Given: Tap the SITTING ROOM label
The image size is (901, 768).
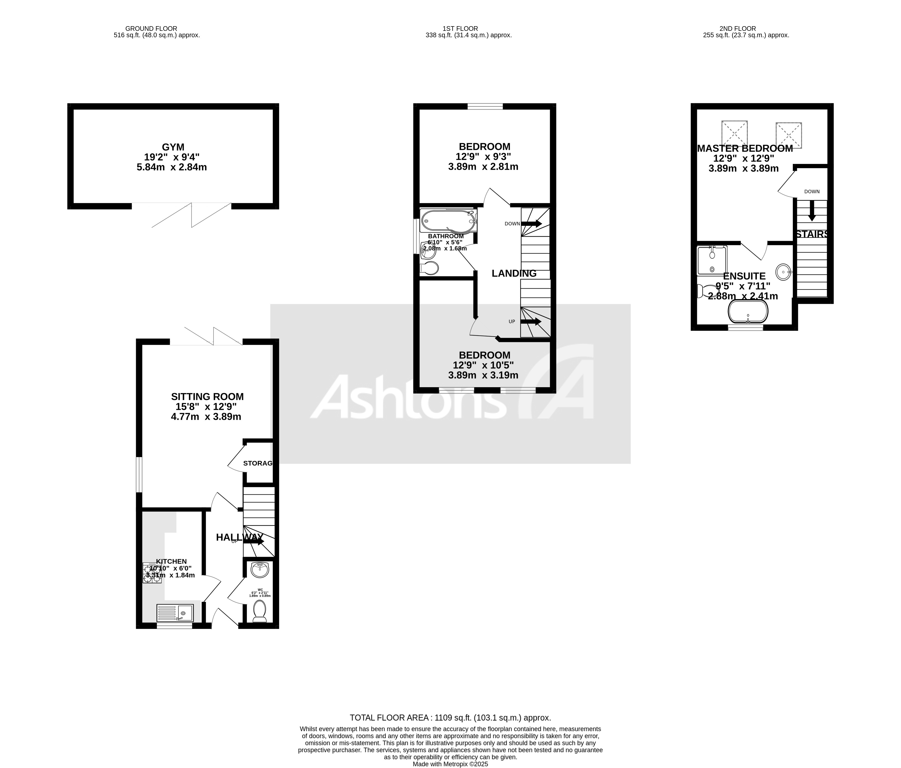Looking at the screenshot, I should click(x=207, y=397).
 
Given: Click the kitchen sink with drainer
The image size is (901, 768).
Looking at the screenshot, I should click(x=175, y=613).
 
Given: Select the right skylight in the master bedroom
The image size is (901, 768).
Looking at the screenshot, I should click(x=788, y=135).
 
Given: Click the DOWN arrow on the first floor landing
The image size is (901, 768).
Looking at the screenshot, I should click(x=531, y=224).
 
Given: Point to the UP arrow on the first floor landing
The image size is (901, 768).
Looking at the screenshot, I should click(x=531, y=322).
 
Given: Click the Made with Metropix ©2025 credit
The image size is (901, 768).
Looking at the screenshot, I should click(x=451, y=764).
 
